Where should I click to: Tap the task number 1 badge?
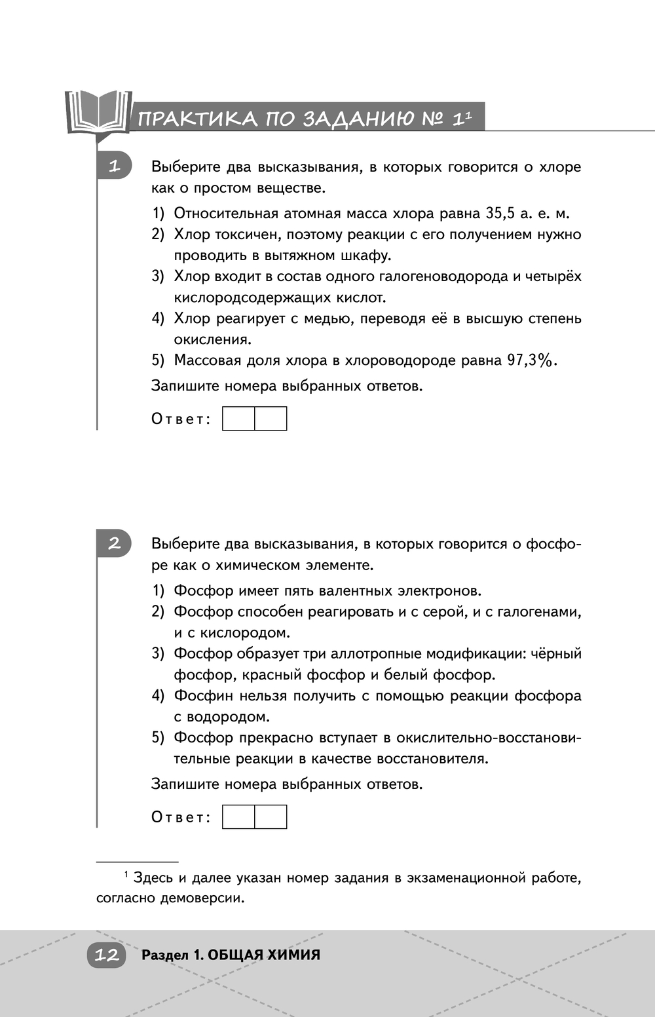pyautogui.click(x=114, y=166)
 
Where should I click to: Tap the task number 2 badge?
pyautogui.click(x=114, y=543)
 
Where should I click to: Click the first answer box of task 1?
pyautogui.click(x=238, y=419)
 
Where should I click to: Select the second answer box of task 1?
pyautogui.click(x=271, y=419)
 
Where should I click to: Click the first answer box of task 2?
pyautogui.click(x=238, y=817)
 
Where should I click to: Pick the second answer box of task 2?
pyautogui.click(x=271, y=817)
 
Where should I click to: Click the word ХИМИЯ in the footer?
pyautogui.click(x=292, y=955)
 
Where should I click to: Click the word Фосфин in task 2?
pyautogui.click(x=202, y=696)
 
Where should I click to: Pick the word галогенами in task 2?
pyautogui.click(x=538, y=612)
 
